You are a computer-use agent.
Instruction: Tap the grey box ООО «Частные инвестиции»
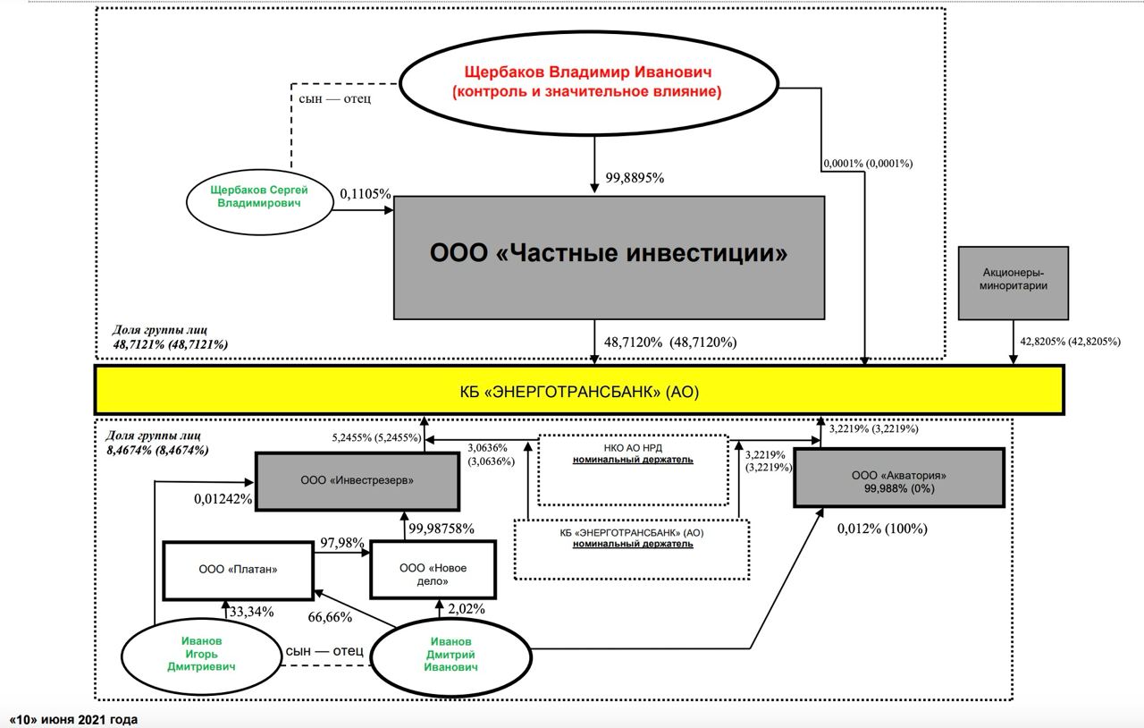(x=609, y=256)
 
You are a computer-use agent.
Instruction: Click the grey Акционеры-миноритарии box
(x=1013, y=283)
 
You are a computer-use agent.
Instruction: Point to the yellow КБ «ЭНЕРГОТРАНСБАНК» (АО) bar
(x=579, y=390)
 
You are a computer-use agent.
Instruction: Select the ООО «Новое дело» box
(x=433, y=569)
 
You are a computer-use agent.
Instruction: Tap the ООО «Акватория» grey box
(x=898, y=478)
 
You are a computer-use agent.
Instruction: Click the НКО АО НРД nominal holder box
(x=633, y=470)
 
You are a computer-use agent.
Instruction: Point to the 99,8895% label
(x=635, y=178)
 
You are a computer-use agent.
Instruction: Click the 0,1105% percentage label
(x=366, y=194)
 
